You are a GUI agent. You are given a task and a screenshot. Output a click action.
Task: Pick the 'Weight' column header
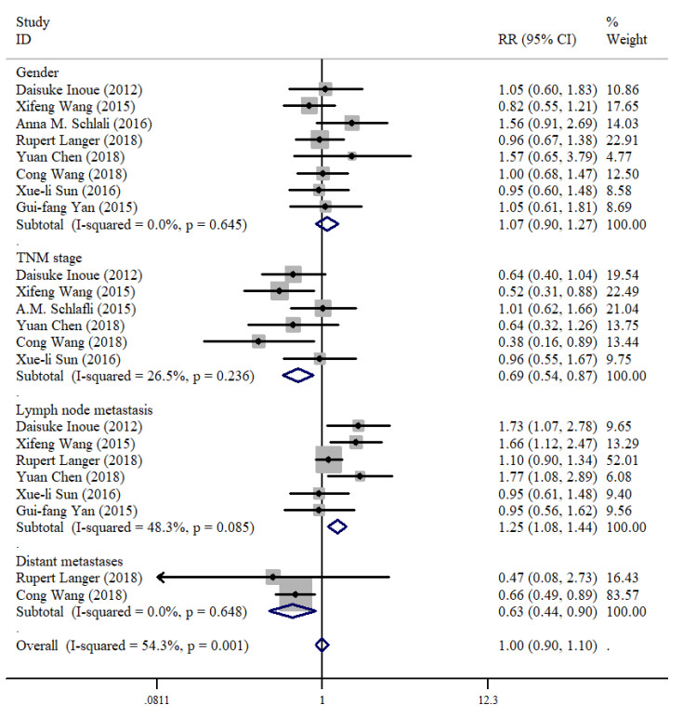click(x=626, y=40)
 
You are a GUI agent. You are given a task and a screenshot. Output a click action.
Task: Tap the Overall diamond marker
click(x=322, y=645)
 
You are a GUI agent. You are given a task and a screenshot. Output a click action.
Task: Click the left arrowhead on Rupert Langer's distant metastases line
click(x=160, y=577)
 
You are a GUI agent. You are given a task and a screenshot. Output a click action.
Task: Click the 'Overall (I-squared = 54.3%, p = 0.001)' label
click(x=132, y=645)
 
